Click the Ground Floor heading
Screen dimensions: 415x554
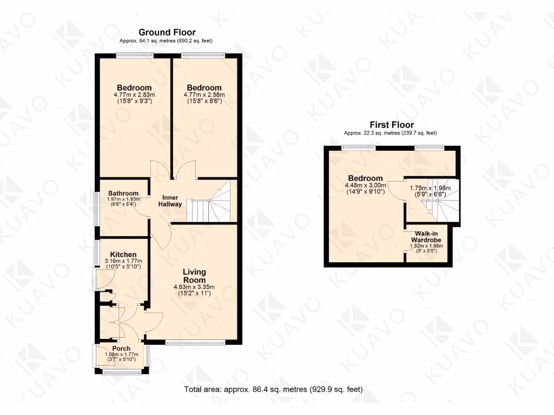tap(167, 32)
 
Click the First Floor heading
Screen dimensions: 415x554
tap(391, 125)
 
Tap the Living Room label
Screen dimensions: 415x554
tap(194, 276)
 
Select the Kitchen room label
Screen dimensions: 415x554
tap(123, 255)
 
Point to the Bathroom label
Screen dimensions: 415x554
tap(123, 193)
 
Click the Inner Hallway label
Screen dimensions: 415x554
tap(170, 200)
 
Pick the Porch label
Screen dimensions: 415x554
tap(121, 349)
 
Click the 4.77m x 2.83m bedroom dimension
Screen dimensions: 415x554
tap(134, 95)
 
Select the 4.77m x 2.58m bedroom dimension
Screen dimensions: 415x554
tap(204, 95)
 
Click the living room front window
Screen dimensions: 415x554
tap(195, 342)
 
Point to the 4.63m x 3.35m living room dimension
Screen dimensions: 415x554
tap(194, 287)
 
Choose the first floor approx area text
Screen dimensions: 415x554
tap(391, 133)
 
